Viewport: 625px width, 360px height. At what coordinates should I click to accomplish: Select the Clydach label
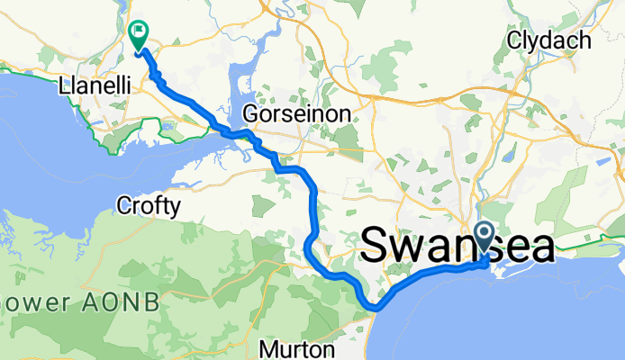click(548, 40)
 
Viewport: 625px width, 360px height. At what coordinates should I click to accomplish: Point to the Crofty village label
click(149, 206)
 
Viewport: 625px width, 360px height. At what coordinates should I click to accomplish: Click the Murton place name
click(298, 348)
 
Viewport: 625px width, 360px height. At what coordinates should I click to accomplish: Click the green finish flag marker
click(140, 35)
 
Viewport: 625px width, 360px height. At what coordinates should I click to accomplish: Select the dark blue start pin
click(484, 238)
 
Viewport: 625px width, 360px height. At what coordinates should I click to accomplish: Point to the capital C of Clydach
click(516, 40)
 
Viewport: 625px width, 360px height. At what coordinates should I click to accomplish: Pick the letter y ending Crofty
click(175, 208)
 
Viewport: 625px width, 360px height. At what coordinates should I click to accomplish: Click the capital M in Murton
click(269, 348)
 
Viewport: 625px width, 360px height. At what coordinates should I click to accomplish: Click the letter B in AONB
click(151, 301)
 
